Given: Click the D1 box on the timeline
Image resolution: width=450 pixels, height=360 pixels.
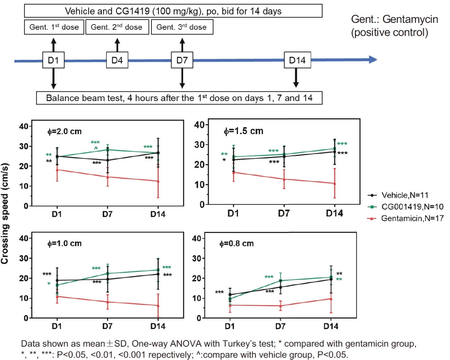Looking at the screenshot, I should tap(53, 60).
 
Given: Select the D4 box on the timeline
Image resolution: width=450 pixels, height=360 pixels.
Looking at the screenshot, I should tap(117, 60).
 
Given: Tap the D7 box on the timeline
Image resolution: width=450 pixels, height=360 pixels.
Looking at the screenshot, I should tap(182, 60).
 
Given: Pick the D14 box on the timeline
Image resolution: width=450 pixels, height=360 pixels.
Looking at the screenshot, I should tap(297, 60).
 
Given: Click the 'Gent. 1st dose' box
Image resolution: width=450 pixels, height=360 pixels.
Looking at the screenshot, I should tap(54, 27).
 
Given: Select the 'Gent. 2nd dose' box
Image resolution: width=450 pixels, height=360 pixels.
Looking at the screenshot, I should tap(117, 27).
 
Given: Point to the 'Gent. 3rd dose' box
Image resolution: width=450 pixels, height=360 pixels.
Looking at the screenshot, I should tap(182, 27).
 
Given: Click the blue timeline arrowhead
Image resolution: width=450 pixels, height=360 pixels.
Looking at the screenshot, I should tap(373, 60).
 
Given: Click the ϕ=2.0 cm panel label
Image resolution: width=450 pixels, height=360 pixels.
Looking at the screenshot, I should tap(65, 131).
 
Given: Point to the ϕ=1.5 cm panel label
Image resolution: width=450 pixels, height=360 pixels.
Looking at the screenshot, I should tap(243, 131).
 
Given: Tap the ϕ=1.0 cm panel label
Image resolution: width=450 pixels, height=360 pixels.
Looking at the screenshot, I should tap(65, 243).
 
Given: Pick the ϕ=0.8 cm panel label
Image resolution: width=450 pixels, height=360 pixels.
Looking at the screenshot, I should tap(237, 243).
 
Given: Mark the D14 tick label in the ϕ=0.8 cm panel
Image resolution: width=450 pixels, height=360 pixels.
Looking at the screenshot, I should tap(331, 326).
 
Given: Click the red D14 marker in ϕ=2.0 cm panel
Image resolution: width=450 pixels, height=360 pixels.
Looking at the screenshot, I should tap(158, 181).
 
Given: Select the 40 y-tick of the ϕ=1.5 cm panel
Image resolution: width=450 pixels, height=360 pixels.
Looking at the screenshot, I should tap(199, 125).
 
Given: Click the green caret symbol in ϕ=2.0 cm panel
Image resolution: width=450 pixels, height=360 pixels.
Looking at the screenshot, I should tap(96, 148).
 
